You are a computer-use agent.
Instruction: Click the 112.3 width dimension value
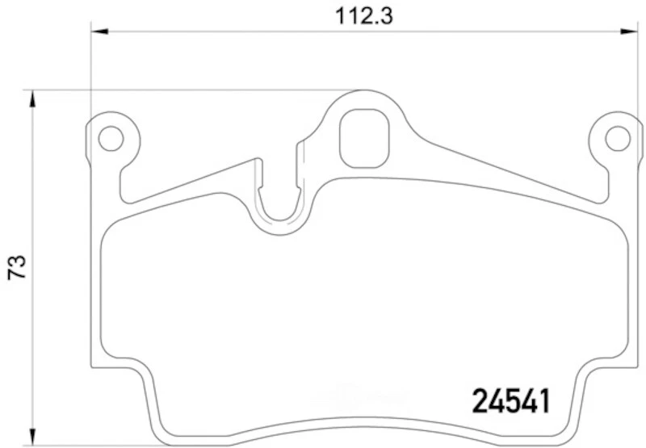coord(365,15)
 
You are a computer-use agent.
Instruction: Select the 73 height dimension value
coord(17,268)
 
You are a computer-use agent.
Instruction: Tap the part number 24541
coord(510,400)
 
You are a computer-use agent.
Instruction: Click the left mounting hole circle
coord(110,138)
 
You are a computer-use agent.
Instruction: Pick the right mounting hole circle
coord(618,138)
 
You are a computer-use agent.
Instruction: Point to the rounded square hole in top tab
coord(364,138)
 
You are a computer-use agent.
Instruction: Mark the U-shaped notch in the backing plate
coord(280,202)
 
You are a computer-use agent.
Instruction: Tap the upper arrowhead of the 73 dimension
coord(33,99)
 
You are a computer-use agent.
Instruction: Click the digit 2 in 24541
coord(480,400)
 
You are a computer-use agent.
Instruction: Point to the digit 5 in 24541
coord(511,400)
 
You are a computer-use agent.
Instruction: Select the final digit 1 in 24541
coord(543,400)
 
